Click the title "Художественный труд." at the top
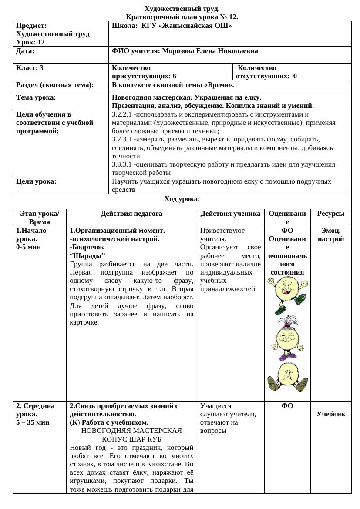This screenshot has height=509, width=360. coord(182,9)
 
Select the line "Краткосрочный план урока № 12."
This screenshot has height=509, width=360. coord(182,17)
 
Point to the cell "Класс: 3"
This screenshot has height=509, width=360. coord(30,68)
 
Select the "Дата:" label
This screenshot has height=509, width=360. coord(25,51)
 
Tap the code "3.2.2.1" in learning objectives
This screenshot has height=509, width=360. coord(122,114)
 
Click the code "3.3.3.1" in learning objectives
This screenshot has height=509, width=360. coord(122,164)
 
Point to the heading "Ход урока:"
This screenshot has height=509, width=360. coord(182,199)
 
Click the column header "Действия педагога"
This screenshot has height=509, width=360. coord(131,214)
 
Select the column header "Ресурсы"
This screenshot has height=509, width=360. coord(331,214)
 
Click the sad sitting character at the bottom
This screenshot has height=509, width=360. coord(287,378)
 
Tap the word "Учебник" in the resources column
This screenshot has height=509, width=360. coord(331,414)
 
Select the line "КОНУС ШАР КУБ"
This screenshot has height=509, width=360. coord(131,439)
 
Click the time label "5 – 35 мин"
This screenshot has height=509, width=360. coord(33,422)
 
